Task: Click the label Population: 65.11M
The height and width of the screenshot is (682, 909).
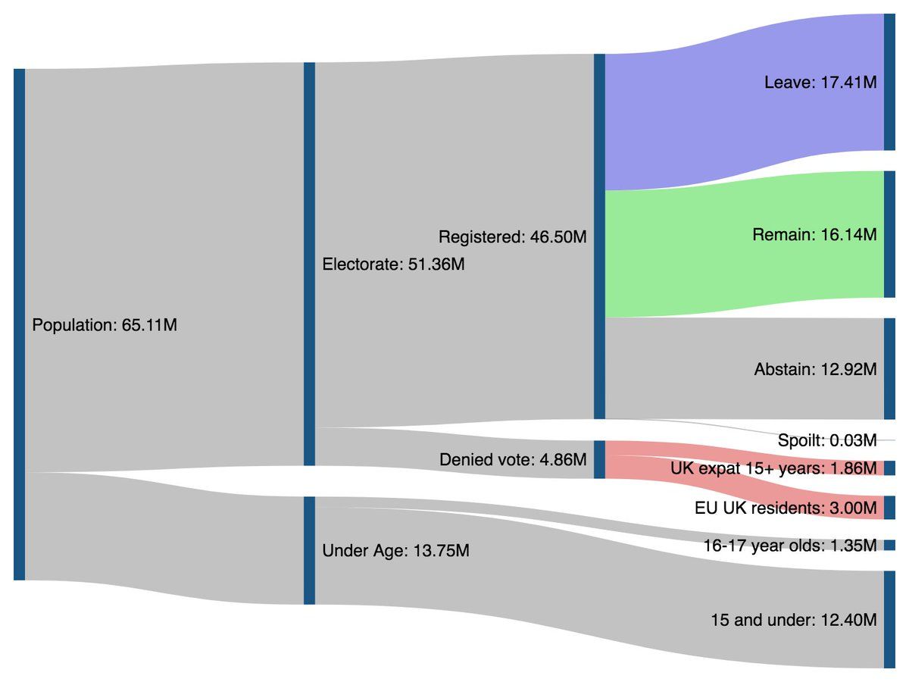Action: pyautogui.click(x=105, y=326)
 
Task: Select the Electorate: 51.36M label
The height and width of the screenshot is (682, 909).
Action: pyautogui.click(x=393, y=264)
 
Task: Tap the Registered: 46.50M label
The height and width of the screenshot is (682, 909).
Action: pyautogui.click(x=512, y=237)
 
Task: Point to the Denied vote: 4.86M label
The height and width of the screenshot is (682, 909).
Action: pyautogui.click(x=512, y=459)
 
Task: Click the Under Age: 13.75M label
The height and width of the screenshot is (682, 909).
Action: pyautogui.click(x=395, y=551)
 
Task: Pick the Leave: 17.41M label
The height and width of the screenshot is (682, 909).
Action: pyautogui.click(x=820, y=83)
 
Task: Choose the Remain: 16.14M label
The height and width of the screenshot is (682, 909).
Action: pyautogui.click(x=814, y=235)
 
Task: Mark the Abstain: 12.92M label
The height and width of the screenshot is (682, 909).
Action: pyautogui.click(x=815, y=370)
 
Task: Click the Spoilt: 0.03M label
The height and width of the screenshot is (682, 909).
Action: pyautogui.click(x=826, y=440)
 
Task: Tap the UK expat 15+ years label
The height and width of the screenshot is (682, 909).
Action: pyautogui.click(x=773, y=468)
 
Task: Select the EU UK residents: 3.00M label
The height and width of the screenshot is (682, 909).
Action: pyautogui.click(x=786, y=508)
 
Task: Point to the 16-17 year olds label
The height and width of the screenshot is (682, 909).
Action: pyautogui.click(x=789, y=545)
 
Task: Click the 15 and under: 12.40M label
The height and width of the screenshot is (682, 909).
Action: pyautogui.click(x=793, y=620)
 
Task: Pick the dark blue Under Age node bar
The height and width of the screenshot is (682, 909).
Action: pyautogui.click(x=309, y=550)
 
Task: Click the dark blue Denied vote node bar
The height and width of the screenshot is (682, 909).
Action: pyautogui.click(x=599, y=459)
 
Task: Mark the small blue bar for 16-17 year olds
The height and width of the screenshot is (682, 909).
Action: pyautogui.click(x=890, y=545)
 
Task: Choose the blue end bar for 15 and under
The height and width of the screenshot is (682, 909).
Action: pyautogui.click(x=890, y=619)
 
